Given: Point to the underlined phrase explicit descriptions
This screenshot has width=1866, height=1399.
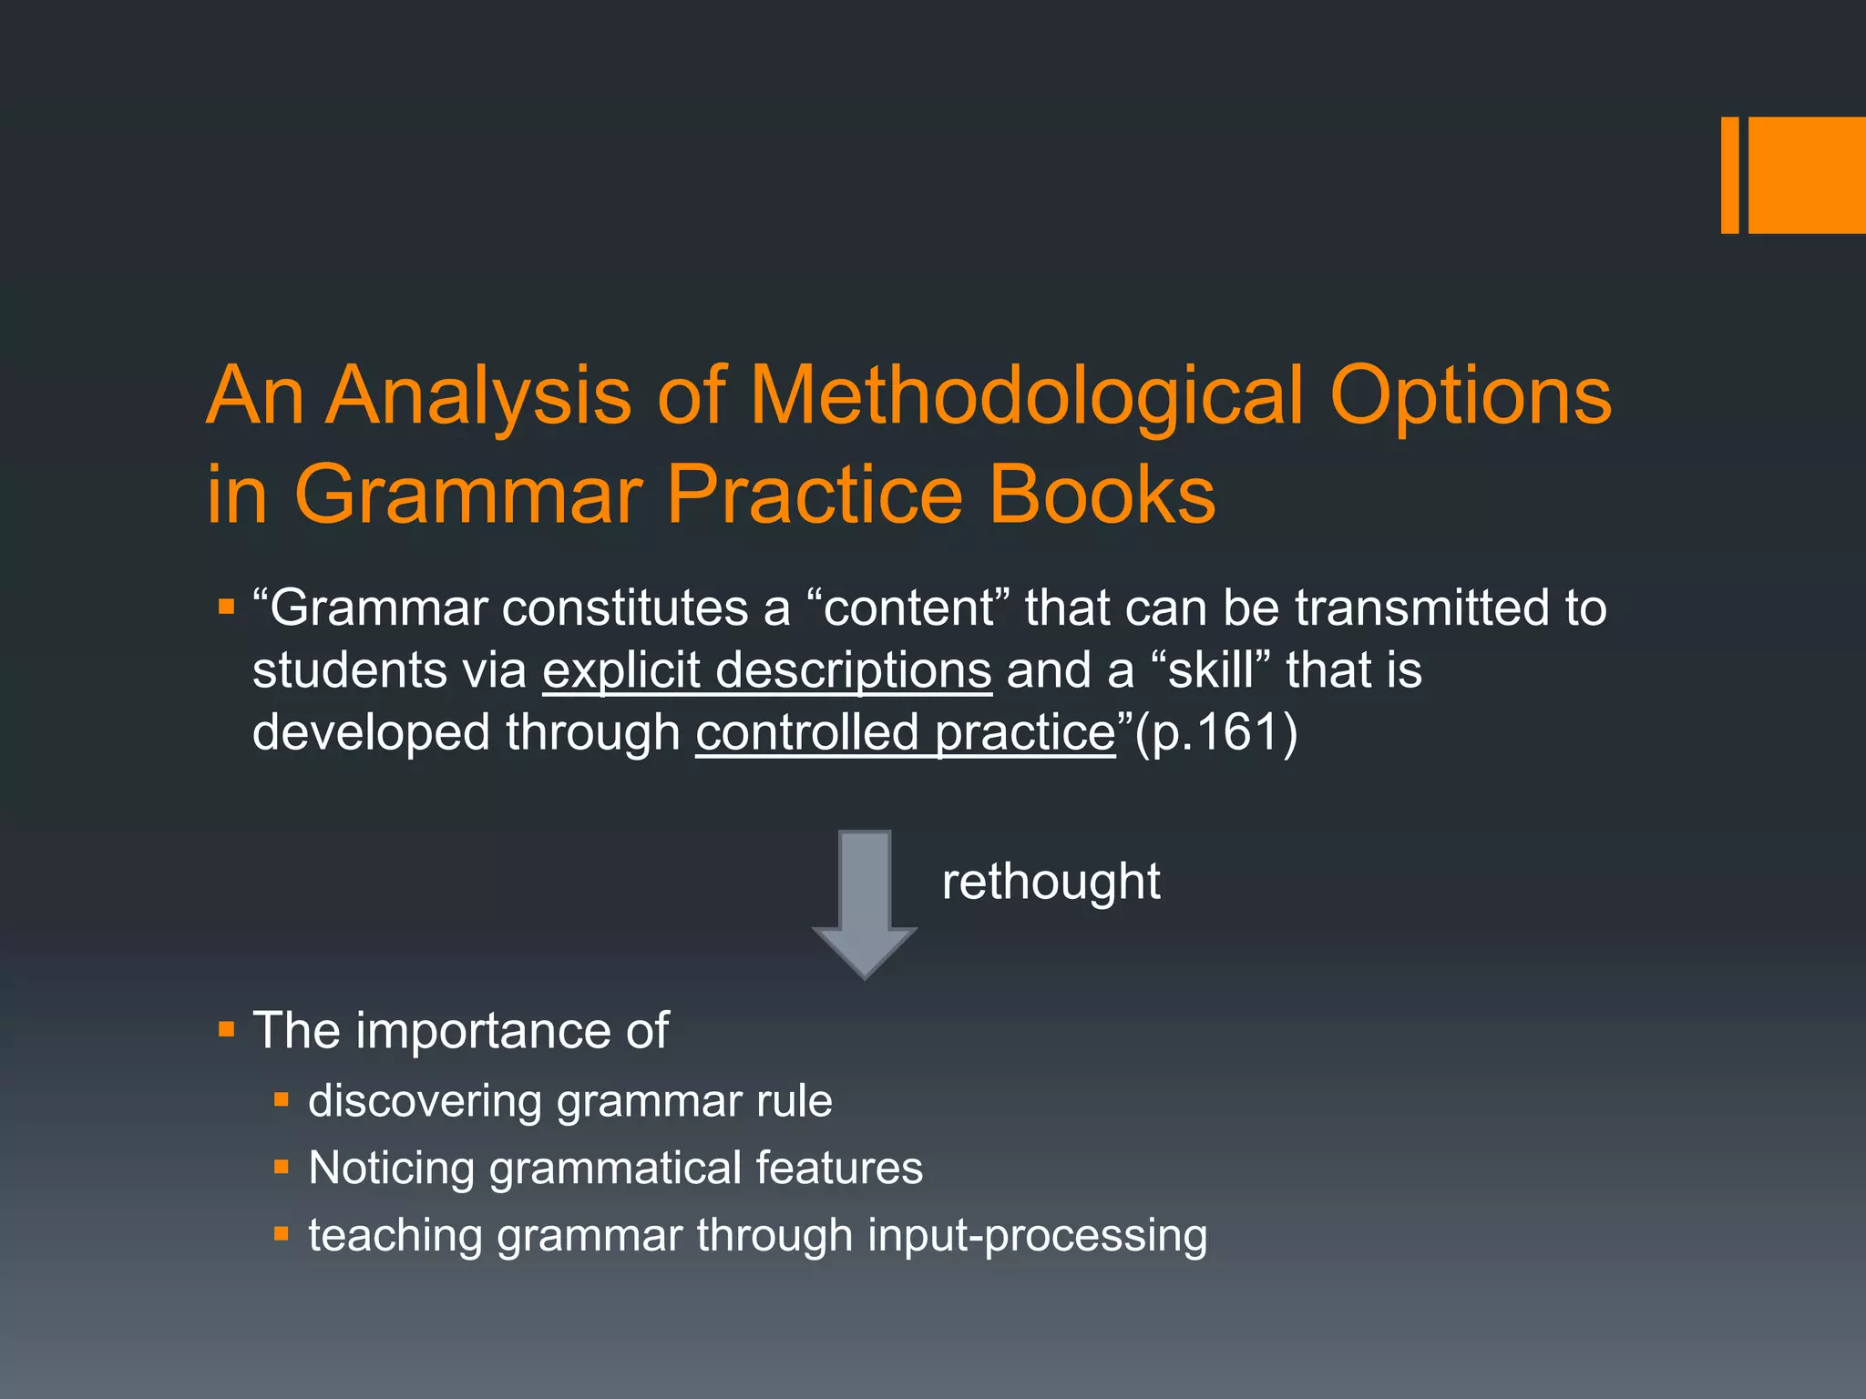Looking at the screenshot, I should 766,670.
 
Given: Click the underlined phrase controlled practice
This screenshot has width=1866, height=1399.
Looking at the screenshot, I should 906,732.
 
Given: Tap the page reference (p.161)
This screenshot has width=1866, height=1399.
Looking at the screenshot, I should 1215,732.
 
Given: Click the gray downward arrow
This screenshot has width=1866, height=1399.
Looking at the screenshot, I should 864,903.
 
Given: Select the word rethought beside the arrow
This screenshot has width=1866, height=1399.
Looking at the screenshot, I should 1051,882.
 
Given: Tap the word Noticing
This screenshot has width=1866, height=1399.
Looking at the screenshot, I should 391,1168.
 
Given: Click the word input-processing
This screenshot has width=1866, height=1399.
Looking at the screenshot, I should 1037,1235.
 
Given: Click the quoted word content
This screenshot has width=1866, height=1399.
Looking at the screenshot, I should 908,608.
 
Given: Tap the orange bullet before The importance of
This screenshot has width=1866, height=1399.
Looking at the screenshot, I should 227,1031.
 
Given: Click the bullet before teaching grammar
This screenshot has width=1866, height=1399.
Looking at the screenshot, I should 282,1235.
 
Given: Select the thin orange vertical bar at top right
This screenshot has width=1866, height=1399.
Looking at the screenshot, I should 1729,175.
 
